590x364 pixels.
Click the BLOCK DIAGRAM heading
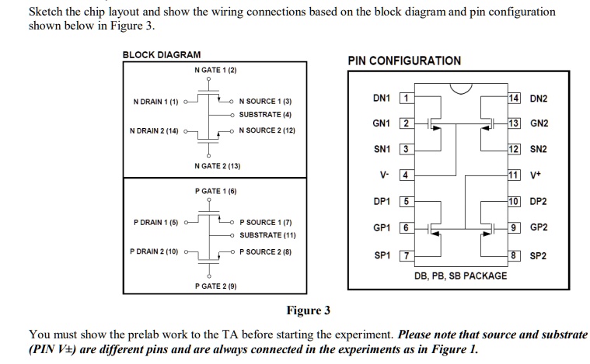pyautogui.click(x=162, y=54)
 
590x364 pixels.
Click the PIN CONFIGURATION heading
pyautogui.click(x=403, y=61)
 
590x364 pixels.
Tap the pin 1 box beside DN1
pyautogui.click(x=403, y=99)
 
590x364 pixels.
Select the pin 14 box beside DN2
pyautogui.click(x=513, y=99)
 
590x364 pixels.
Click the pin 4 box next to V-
pyautogui.click(x=403, y=175)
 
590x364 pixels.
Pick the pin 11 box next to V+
pyautogui.click(x=513, y=175)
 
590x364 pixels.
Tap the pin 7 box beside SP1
pyautogui.click(x=403, y=255)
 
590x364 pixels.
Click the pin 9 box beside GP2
pyautogui.click(x=513, y=228)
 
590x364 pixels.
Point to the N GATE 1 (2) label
pyautogui.click(x=215, y=71)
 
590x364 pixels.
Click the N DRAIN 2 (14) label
pyautogui.click(x=155, y=130)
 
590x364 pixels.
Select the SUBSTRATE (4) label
pyautogui.click(x=264, y=115)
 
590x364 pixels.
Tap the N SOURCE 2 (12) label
pyautogui.click(x=267, y=130)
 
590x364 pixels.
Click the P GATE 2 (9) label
pyautogui.click(x=215, y=286)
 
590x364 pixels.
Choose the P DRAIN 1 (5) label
pyautogui.click(x=156, y=222)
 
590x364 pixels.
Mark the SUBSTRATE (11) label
pyautogui.click(x=267, y=234)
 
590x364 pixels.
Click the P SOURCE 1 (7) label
pyautogui.click(x=265, y=221)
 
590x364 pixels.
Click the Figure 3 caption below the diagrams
pyautogui.click(x=308, y=311)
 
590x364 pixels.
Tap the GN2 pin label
pyautogui.click(x=539, y=124)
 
